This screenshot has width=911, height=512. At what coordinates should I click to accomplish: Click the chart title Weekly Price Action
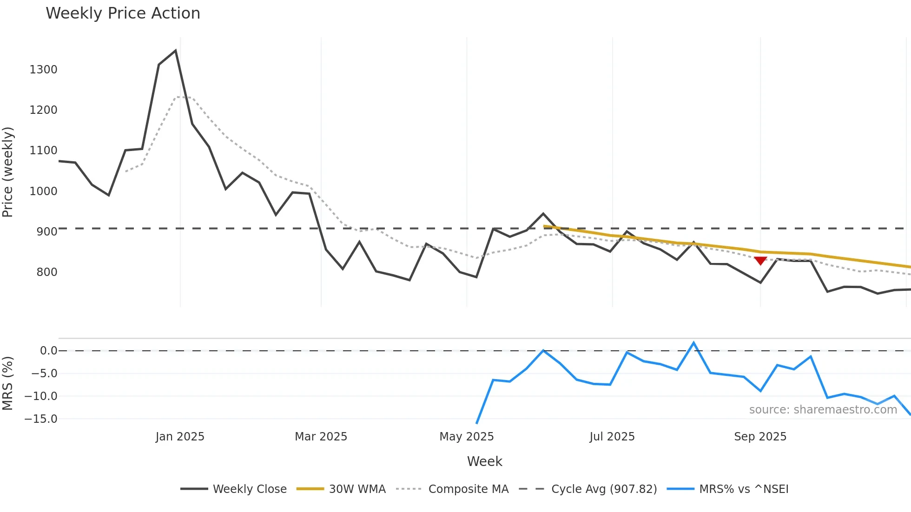(123, 13)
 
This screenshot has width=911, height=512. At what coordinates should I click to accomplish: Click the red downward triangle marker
(760, 261)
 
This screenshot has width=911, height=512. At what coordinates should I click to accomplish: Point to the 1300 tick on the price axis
(43, 70)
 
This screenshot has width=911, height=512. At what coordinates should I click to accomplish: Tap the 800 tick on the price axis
(47, 272)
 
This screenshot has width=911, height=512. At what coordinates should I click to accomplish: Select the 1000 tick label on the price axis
(43, 191)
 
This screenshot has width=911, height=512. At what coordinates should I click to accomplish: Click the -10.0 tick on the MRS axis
(41, 396)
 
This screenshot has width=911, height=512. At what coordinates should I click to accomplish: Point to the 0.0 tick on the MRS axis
(48, 351)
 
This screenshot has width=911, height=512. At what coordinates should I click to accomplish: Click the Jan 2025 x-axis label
(180, 437)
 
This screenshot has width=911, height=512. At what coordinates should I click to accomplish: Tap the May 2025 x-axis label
(466, 437)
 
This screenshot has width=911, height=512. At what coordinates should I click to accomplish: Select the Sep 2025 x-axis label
(760, 437)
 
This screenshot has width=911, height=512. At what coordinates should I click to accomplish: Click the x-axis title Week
(484, 461)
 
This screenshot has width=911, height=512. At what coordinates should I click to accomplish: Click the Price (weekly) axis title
(8, 172)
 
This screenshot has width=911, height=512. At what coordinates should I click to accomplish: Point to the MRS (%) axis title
(8, 383)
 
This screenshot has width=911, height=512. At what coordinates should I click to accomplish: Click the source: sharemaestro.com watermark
(823, 410)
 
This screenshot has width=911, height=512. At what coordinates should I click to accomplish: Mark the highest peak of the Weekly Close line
(175, 51)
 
